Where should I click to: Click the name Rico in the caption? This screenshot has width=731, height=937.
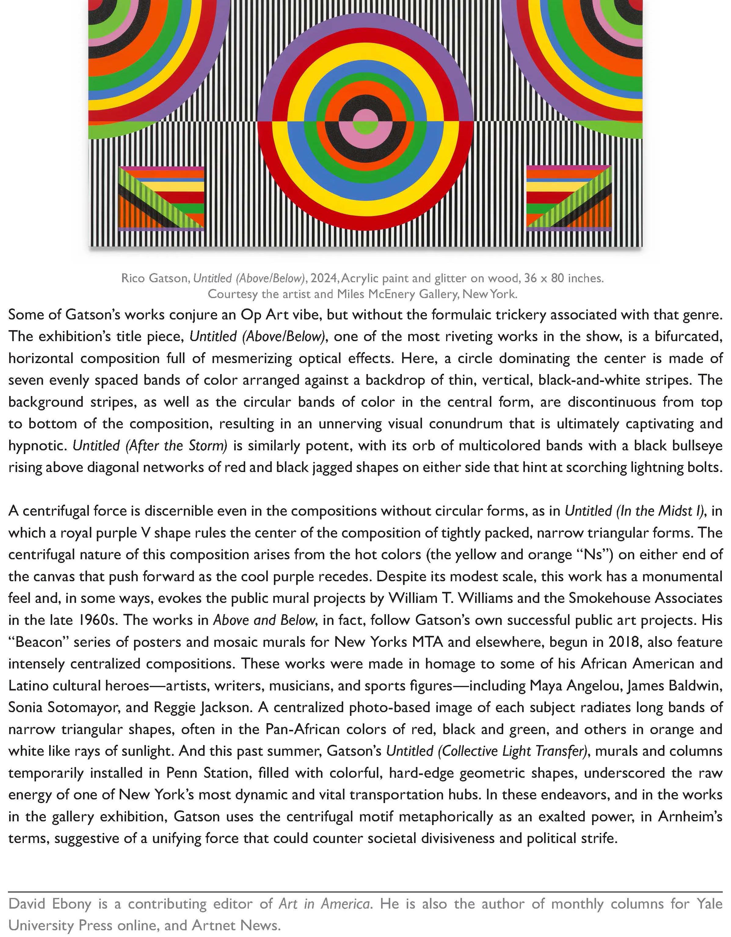tap(133, 279)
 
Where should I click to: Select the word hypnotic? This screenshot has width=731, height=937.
tap(37, 446)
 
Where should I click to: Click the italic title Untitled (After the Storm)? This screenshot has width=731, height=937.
tap(150, 446)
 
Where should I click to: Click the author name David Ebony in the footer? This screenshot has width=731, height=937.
tap(50, 904)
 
